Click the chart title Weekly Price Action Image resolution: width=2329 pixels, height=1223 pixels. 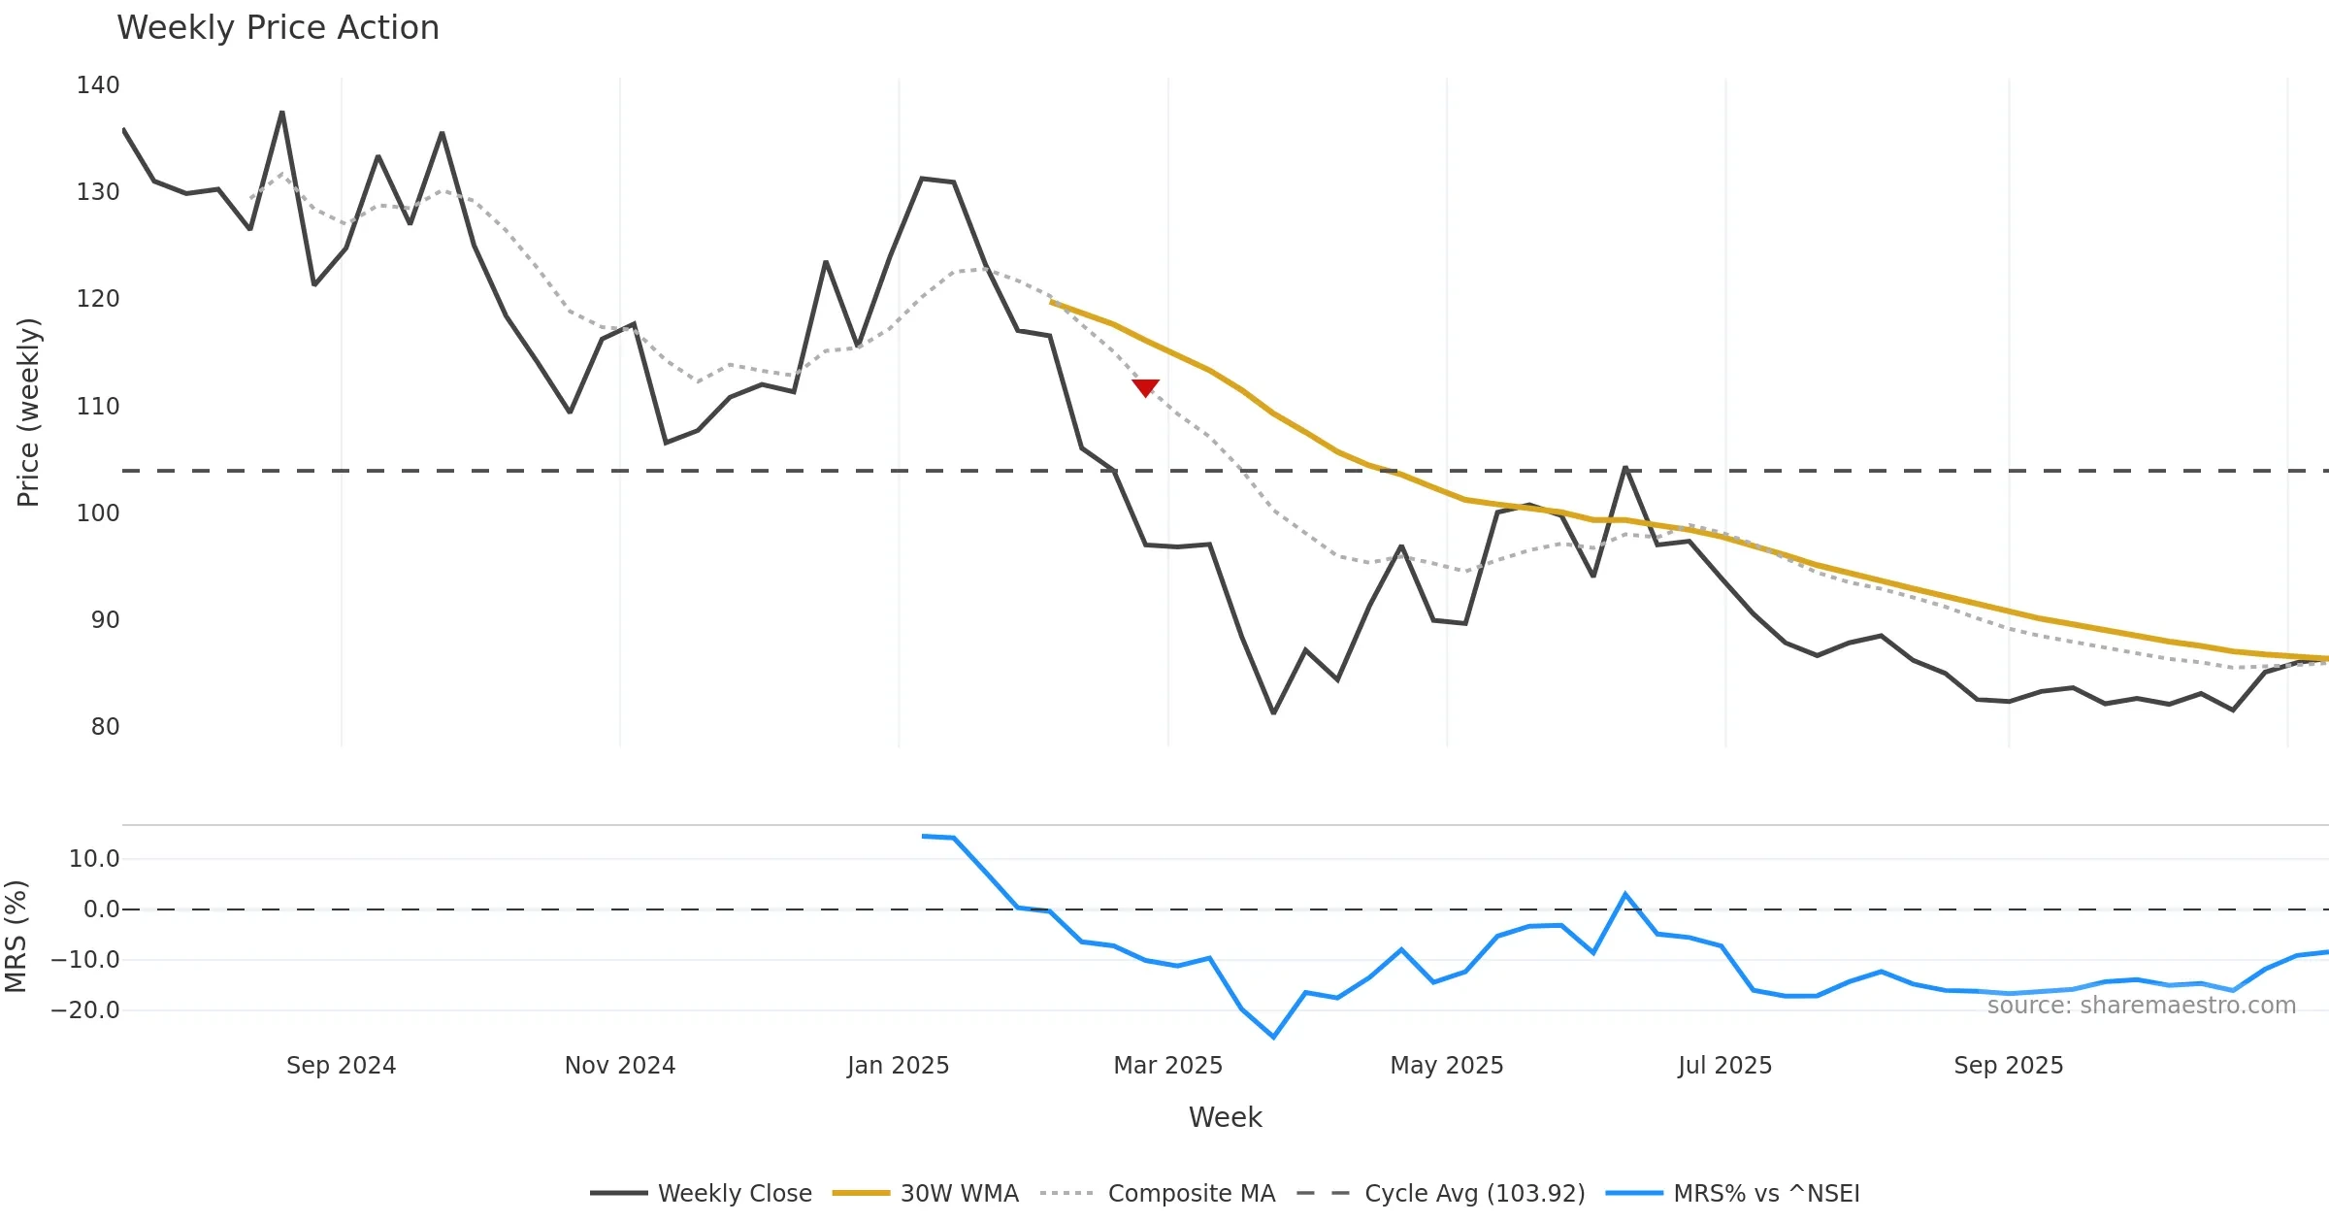pyautogui.click(x=278, y=28)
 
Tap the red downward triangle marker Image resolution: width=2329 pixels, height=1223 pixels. pyautogui.click(x=1145, y=387)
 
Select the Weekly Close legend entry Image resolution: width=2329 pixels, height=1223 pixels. pyautogui.click(x=701, y=1193)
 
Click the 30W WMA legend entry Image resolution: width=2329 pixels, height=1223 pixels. pyautogui.click(x=926, y=1193)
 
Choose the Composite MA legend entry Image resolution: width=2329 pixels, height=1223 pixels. pyautogui.click(x=1158, y=1193)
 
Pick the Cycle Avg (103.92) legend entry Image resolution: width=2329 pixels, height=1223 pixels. pyautogui.click(x=1441, y=1193)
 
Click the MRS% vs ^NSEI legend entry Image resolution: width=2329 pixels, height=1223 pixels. pyautogui.click(x=1733, y=1193)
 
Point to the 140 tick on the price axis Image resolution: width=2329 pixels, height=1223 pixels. pyautogui.click(x=98, y=85)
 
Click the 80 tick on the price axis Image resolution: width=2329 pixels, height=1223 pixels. pyautogui.click(x=105, y=727)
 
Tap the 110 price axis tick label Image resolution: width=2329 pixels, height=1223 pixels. pyautogui.click(x=98, y=407)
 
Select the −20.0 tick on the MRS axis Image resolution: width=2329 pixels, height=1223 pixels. pyautogui.click(x=85, y=1010)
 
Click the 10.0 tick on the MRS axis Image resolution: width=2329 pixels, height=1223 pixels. pyautogui.click(x=94, y=859)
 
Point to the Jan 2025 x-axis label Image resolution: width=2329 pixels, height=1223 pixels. pyautogui.click(x=898, y=1066)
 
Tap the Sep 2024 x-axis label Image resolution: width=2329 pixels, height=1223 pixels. pyautogui.click(x=341, y=1066)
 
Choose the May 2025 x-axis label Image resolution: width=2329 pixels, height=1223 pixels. pyautogui.click(x=1446, y=1066)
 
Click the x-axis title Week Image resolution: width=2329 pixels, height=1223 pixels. pyautogui.click(x=1225, y=1118)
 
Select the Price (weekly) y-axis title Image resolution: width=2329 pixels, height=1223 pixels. pyautogui.click(x=28, y=413)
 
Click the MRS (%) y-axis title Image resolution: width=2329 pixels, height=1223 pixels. pyautogui.click(x=16, y=937)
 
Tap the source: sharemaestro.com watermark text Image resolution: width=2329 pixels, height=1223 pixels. pyautogui.click(x=2141, y=1006)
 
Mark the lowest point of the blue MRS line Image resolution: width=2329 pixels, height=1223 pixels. pyautogui.click(x=1273, y=1037)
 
